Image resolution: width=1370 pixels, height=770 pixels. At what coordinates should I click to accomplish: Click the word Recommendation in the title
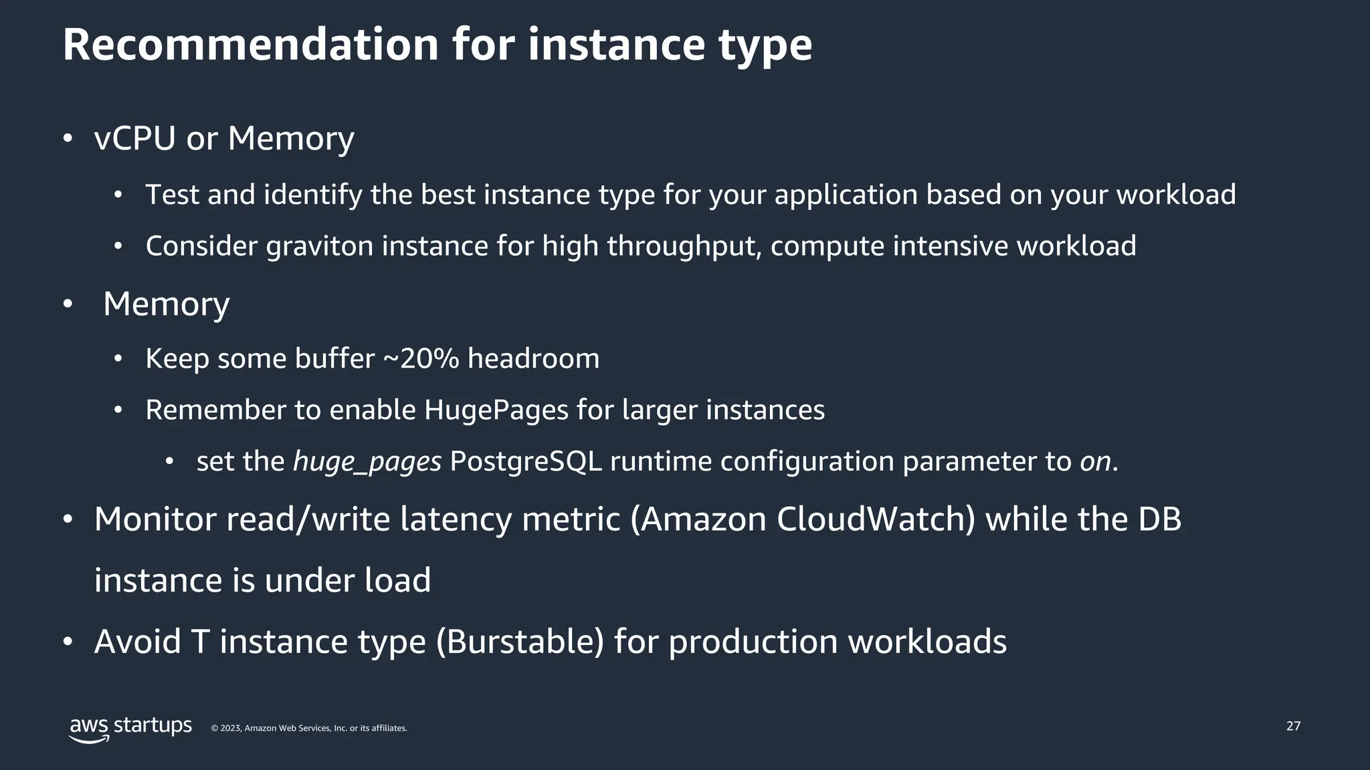tap(250, 45)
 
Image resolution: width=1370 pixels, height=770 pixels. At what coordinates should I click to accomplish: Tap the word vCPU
tap(134, 138)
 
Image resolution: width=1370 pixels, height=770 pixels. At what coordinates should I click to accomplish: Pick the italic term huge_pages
tap(367, 462)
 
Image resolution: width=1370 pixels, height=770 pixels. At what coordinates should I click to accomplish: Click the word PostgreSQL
tap(526, 461)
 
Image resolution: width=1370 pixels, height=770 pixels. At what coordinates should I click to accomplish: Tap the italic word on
tap(1095, 462)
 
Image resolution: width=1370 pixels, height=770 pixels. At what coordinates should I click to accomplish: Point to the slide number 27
tap(1293, 726)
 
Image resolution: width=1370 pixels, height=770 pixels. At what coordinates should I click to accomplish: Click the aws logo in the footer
tap(90, 729)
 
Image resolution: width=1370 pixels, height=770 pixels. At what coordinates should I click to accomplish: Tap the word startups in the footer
tap(153, 726)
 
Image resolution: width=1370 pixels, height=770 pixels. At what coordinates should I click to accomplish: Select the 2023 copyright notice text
tap(309, 728)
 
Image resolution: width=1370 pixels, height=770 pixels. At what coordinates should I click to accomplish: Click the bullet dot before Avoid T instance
tap(67, 642)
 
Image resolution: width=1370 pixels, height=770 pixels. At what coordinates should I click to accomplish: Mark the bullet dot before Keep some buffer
tap(118, 359)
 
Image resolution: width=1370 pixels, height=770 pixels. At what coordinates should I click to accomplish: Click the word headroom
tap(533, 359)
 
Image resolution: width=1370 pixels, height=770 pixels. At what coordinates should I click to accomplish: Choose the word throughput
tap(684, 246)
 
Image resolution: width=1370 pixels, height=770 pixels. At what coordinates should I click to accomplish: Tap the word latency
tap(456, 519)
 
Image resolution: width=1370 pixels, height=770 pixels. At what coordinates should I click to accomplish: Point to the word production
tap(753, 642)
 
